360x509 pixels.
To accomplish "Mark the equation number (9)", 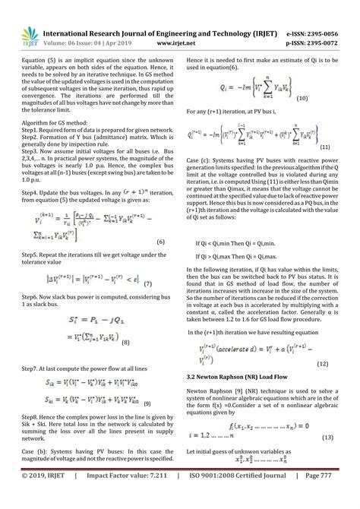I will point(147,402).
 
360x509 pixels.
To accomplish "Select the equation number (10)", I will point(302,98).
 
